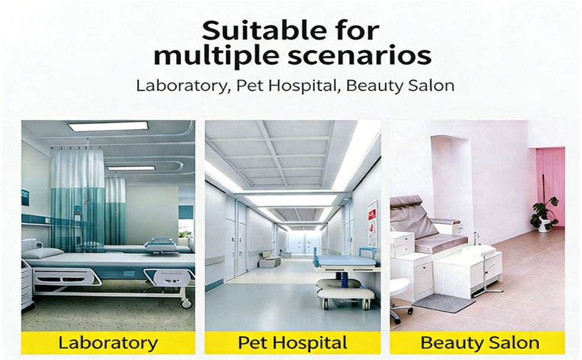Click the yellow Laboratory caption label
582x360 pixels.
coord(108,343)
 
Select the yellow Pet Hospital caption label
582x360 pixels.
coord(292,343)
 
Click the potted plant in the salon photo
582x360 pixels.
coord(545,215)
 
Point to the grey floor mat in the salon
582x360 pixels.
coord(443,303)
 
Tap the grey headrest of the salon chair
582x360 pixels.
coord(406,203)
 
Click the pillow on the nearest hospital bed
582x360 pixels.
coord(44,253)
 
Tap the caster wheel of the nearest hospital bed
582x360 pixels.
coord(186,304)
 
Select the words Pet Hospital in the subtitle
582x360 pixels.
coord(286,86)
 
